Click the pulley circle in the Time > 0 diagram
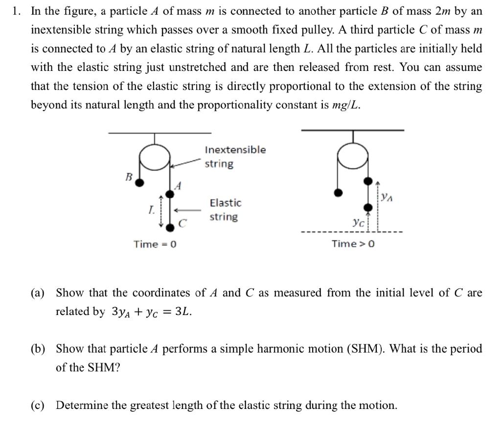(x=352, y=156)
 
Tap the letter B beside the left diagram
(x=129, y=177)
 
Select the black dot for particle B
(x=139, y=183)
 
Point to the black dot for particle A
(x=170, y=195)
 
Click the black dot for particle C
(x=170, y=227)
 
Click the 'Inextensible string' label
(x=235, y=157)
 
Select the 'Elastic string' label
(x=225, y=209)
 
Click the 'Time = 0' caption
(x=155, y=244)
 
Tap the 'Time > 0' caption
(x=353, y=244)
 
